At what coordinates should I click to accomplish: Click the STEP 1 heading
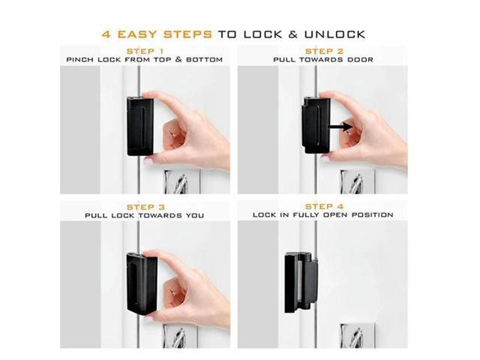coord(145,50)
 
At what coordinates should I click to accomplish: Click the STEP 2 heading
coord(325,50)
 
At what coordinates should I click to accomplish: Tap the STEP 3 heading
coord(145,206)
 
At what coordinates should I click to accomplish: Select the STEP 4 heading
coord(325,206)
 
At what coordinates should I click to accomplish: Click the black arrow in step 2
coord(341,127)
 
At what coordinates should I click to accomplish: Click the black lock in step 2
coord(315,124)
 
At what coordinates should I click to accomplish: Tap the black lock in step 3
coord(141,283)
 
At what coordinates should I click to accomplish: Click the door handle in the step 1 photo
coord(179,183)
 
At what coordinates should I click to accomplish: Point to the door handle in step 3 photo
coord(179,337)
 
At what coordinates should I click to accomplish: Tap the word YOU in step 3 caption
coord(194,215)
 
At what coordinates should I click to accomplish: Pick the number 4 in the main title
coord(106,34)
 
